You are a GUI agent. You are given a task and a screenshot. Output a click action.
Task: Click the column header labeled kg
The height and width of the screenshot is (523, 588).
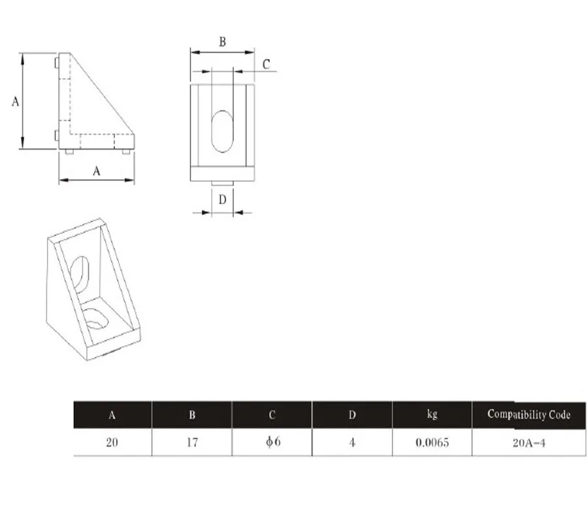[432, 414]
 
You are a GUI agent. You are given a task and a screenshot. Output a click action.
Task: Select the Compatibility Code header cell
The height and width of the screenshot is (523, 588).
[529, 414]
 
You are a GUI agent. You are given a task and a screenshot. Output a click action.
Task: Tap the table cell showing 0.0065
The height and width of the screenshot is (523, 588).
[432, 443]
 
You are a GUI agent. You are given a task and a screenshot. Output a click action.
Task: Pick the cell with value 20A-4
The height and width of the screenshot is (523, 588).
[529, 443]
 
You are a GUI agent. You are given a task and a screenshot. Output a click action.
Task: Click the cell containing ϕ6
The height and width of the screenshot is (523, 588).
[272, 442]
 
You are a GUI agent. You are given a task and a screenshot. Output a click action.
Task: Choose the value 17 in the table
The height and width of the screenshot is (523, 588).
[192, 443]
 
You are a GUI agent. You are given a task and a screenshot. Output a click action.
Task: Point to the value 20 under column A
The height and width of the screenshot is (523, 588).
[112, 443]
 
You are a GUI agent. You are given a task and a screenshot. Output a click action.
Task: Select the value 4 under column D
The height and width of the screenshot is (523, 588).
[352, 443]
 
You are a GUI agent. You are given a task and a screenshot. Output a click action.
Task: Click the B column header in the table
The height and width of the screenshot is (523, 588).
[192, 414]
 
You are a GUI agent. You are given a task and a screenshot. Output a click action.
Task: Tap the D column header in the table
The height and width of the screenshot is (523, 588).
[352, 414]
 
